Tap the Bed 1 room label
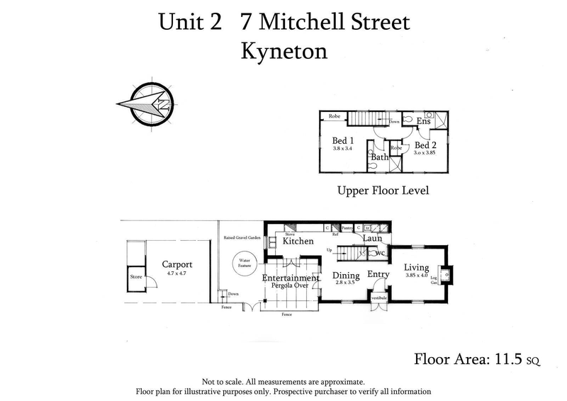point(344,140)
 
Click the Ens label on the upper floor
point(423,122)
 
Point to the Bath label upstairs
point(380,157)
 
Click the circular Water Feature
point(245,266)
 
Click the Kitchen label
point(298,242)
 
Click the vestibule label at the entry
point(378,298)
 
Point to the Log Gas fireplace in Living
point(444,272)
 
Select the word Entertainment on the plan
point(291,278)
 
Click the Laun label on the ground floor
point(373,239)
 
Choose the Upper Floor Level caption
point(383,191)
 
